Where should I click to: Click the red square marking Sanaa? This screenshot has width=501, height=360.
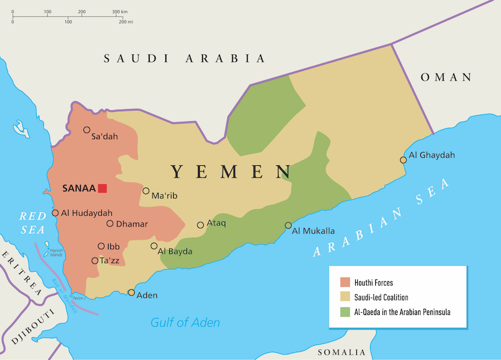(x=102, y=188)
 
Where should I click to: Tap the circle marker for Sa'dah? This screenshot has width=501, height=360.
(x=87, y=130)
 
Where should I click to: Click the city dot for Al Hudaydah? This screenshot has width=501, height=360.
(x=55, y=213)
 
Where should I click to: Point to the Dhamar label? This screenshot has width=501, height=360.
(x=132, y=224)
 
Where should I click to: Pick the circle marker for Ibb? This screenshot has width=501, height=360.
(x=101, y=246)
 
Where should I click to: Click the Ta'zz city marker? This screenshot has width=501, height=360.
(x=95, y=260)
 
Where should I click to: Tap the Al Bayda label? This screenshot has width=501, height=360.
(x=175, y=251)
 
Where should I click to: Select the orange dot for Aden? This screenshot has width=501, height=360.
(x=131, y=292)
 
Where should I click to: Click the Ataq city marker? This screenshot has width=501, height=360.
(x=200, y=225)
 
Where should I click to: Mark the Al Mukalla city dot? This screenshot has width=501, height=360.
(x=288, y=225)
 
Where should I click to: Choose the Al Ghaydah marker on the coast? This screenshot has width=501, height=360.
(x=403, y=160)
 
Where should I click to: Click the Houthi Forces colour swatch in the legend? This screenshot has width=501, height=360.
(x=345, y=283)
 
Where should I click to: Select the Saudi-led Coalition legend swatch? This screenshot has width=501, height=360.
(x=345, y=297)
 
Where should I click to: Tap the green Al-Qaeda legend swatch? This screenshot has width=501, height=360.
(x=345, y=312)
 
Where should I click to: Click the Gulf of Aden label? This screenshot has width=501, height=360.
(x=185, y=322)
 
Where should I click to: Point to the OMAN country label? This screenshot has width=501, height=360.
(x=446, y=77)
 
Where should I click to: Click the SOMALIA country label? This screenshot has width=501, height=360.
(x=342, y=352)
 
